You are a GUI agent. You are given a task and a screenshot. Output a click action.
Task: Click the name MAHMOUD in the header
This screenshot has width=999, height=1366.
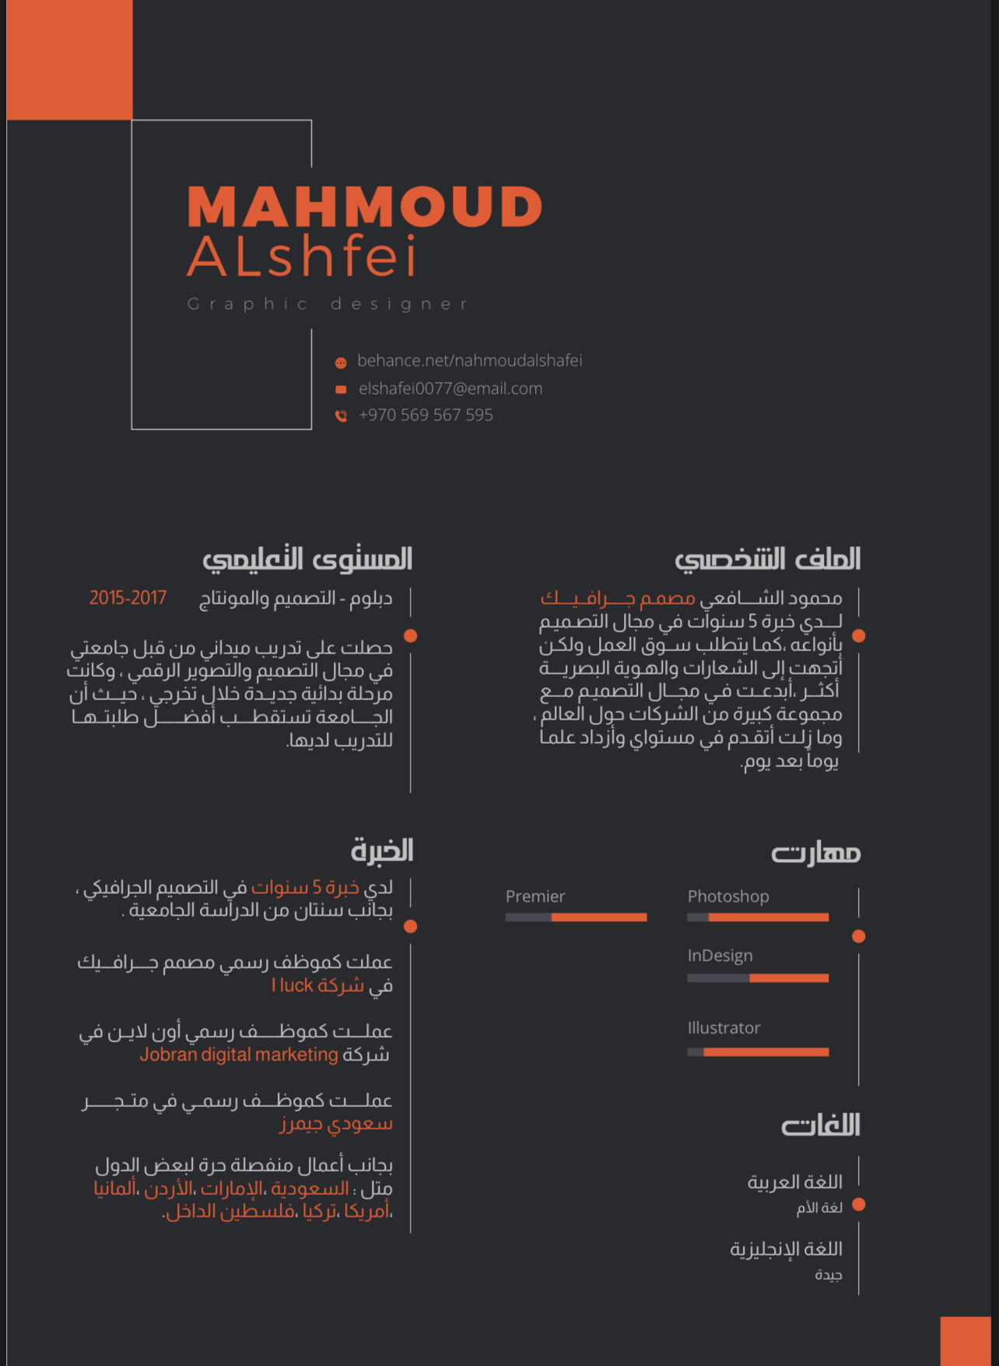point(364,207)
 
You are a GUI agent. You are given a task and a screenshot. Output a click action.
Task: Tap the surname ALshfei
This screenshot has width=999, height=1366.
point(302,257)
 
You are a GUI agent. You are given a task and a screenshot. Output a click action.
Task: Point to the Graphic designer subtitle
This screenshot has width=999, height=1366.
point(328,304)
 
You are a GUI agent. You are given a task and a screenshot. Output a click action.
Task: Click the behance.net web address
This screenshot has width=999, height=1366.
point(469,361)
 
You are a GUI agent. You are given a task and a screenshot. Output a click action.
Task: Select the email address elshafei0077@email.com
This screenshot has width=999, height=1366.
point(450,388)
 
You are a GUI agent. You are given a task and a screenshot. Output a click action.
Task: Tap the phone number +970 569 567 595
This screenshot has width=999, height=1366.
point(426,415)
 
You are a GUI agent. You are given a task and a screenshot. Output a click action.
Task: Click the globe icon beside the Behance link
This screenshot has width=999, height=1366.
point(341,363)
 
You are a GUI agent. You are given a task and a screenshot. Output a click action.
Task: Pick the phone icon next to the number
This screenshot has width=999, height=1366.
point(341,416)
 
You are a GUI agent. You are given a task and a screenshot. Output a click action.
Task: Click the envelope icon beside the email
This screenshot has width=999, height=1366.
point(341,389)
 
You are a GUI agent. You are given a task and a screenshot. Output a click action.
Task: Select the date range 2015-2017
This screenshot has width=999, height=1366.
point(128,597)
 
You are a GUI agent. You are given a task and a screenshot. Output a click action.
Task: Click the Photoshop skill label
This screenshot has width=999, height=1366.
point(727,896)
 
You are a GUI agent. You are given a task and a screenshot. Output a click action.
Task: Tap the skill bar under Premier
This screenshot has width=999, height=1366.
point(576,917)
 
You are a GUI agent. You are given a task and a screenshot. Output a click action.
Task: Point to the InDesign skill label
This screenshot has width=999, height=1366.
point(720,955)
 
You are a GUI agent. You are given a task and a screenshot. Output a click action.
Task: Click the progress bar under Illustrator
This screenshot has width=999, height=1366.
point(758,1052)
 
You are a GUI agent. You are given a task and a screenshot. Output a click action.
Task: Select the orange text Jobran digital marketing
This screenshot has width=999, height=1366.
point(239,1055)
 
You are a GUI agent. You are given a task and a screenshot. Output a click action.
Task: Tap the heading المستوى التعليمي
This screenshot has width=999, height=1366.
point(307,559)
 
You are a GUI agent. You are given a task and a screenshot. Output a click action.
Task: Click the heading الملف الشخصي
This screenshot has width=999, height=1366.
point(767,559)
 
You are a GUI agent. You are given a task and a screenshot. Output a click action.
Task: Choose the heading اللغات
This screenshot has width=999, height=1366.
point(821,1125)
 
